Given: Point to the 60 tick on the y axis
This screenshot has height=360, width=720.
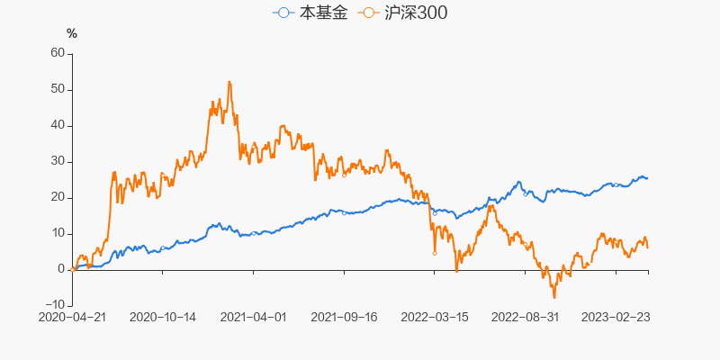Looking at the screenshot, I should (x=58, y=53).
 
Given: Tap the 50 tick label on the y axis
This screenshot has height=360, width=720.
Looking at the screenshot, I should (x=58, y=89).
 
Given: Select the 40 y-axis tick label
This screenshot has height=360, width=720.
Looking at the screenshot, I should (x=58, y=125).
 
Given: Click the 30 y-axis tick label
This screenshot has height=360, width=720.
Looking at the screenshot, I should (x=58, y=161).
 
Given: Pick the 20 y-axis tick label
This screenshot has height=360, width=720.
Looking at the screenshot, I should (x=58, y=197).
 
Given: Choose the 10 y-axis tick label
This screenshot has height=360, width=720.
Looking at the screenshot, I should (x=58, y=233).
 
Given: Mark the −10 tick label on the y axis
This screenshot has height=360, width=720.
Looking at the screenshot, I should (x=54, y=305).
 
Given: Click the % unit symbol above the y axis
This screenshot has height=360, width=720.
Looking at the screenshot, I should (x=72, y=34).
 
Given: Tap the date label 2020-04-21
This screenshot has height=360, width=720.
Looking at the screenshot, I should (x=73, y=317).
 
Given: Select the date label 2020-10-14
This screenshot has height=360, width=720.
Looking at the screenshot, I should (x=163, y=317).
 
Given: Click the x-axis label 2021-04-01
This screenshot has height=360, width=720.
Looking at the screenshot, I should (x=253, y=317).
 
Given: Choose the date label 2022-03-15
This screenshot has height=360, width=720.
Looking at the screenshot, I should (x=434, y=317).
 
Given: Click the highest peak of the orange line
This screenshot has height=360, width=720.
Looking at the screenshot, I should (x=229, y=82).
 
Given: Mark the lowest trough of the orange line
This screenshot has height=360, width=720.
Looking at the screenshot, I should (x=554, y=297).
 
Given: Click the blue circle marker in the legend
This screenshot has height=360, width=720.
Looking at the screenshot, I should (x=284, y=13).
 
